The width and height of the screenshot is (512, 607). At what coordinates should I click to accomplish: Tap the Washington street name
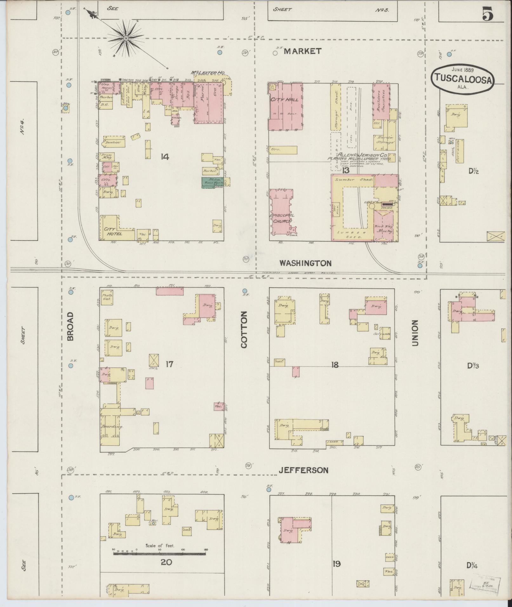305,263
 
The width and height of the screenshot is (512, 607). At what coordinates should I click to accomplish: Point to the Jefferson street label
303,470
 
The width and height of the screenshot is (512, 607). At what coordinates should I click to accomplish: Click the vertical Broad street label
70,326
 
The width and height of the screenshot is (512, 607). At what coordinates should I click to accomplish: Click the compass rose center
126,38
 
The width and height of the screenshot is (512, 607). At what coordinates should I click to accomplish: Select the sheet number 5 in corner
488,14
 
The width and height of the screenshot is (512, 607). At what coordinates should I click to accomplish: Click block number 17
170,364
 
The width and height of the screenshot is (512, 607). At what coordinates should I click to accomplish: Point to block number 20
166,562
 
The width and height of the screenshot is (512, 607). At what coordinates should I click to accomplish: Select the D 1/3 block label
473,366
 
